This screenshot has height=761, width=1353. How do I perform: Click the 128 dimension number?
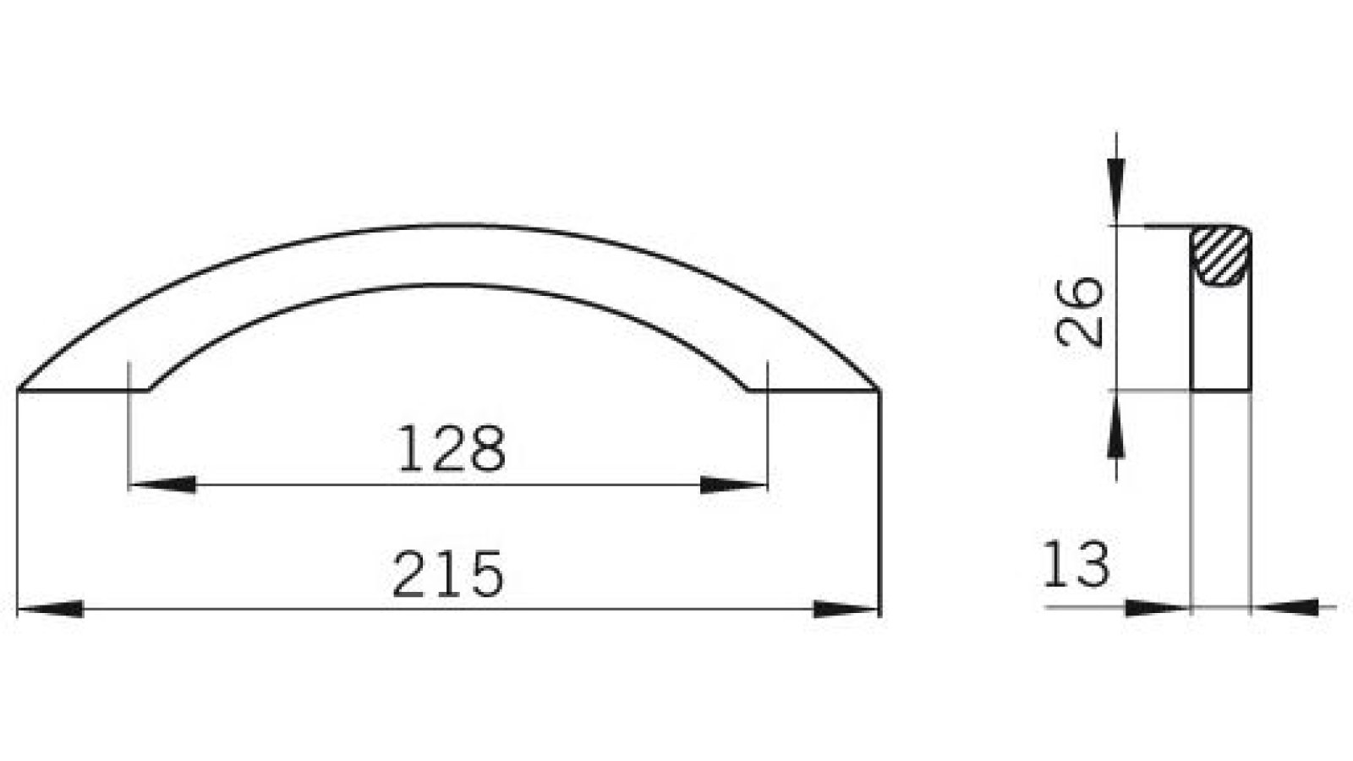(x=451, y=450)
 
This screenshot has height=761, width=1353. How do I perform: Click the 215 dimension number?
(x=448, y=574)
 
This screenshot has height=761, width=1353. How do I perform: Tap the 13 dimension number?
(x=1075, y=565)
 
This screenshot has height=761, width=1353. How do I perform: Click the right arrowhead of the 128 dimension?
(x=733, y=485)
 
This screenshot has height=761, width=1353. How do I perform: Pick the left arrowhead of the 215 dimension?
(x=51, y=609)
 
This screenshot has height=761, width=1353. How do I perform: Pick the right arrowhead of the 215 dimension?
(x=846, y=609)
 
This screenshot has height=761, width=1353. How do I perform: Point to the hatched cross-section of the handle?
(x=1220, y=255)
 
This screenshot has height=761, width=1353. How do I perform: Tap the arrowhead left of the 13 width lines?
(x=1158, y=607)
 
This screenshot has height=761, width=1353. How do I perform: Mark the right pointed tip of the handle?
(x=879, y=389)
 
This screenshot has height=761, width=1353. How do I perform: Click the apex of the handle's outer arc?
(x=448, y=226)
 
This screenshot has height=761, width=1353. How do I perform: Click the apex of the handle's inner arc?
(x=448, y=285)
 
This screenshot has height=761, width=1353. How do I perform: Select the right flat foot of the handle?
(x=813, y=390)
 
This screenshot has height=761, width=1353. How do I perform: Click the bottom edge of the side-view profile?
(x=1220, y=390)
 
